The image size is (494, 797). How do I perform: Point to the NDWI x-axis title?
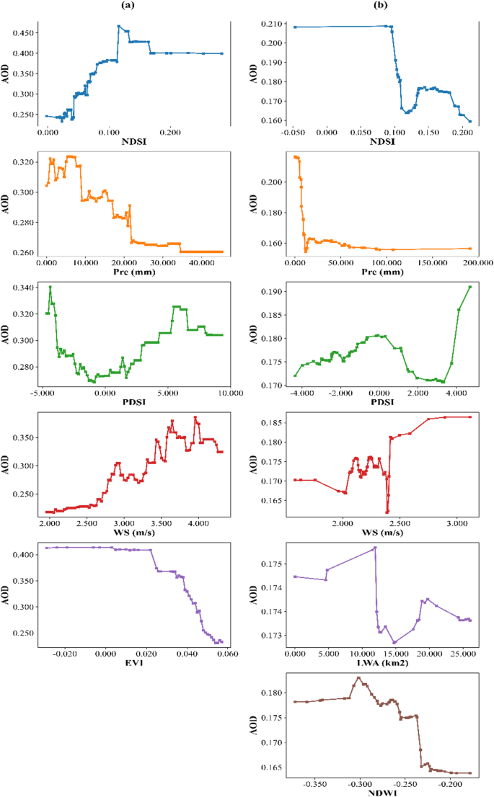[384, 791]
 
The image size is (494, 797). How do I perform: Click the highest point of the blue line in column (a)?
[118, 27]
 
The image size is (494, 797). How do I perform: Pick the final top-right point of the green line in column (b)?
[470, 287]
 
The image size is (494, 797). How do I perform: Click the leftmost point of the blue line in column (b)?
[295, 27]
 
